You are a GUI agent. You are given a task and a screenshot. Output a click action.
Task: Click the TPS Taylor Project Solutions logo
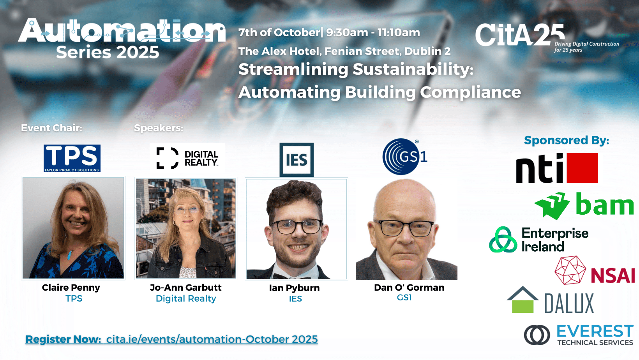(x=72, y=158)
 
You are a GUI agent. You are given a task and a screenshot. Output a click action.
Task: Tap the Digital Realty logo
(x=187, y=158)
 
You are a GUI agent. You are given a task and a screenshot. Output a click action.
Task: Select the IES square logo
(x=297, y=159)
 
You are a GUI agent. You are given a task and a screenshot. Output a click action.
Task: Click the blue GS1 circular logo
(x=404, y=157)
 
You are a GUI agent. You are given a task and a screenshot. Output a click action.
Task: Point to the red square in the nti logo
(x=582, y=168)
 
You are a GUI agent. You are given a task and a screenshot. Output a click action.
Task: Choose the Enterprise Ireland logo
(x=538, y=240)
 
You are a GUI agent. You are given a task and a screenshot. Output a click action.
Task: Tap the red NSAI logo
(x=595, y=270)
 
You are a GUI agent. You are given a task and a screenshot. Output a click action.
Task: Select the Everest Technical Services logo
(x=579, y=335)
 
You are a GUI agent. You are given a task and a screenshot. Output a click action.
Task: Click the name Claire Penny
(x=71, y=287)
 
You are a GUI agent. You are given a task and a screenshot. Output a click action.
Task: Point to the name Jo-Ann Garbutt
(x=186, y=287)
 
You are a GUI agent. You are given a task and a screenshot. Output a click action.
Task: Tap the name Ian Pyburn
(x=295, y=288)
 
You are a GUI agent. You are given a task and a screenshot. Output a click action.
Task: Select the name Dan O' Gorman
(x=409, y=287)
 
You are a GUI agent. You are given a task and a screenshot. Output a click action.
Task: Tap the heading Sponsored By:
(x=567, y=140)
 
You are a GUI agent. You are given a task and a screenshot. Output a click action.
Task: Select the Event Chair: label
(x=52, y=128)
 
